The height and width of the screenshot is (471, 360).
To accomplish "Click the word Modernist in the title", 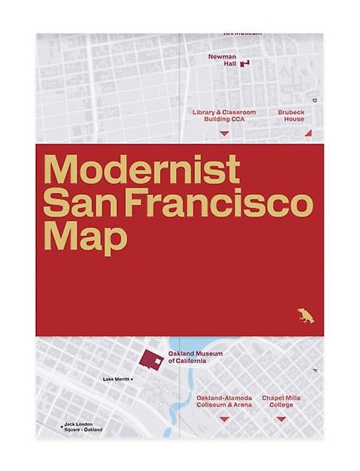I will pos(142,170).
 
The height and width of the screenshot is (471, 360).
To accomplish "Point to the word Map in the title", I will pos(84,236).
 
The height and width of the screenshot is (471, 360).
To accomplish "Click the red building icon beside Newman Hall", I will pos(245,64).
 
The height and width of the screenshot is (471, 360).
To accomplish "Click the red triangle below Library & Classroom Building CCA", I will pos(225,133).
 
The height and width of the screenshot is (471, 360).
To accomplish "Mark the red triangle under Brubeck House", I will pos(308,133).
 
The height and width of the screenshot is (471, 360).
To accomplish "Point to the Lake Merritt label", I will pos(116,380).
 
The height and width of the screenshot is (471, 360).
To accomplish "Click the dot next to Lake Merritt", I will pos(134,380).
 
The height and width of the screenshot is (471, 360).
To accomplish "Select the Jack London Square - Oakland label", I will pos(82,427).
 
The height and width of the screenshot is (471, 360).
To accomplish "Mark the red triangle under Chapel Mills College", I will pos(280,419).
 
